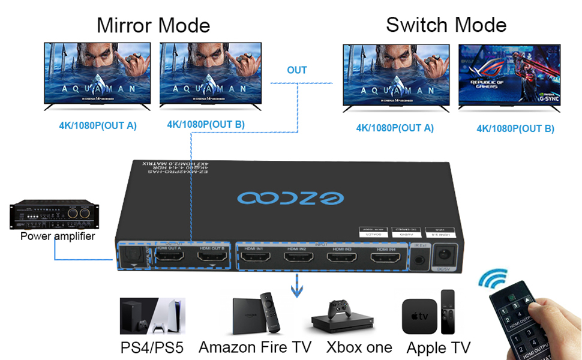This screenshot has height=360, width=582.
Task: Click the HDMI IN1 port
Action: [x=254, y=259]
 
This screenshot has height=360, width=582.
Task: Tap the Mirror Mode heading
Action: [x=153, y=26]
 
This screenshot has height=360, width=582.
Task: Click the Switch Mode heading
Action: [x=446, y=25]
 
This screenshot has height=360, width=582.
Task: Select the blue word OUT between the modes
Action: [x=296, y=70]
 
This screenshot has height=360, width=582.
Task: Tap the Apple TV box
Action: [x=419, y=317]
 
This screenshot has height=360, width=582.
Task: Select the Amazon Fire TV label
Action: [x=255, y=347]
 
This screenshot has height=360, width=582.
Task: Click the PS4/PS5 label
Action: [x=151, y=347]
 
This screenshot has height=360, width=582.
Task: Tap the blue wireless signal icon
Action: [x=494, y=280]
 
